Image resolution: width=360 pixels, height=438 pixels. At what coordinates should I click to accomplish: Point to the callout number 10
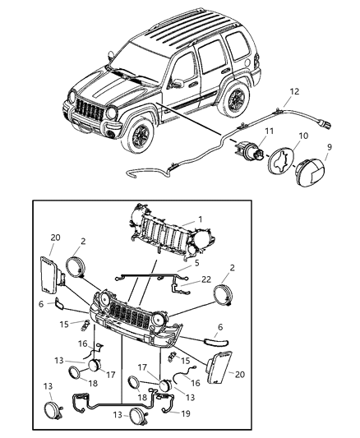click(x=302, y=135)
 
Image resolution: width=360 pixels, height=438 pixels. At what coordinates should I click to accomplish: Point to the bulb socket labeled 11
click(x=251, y=150)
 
